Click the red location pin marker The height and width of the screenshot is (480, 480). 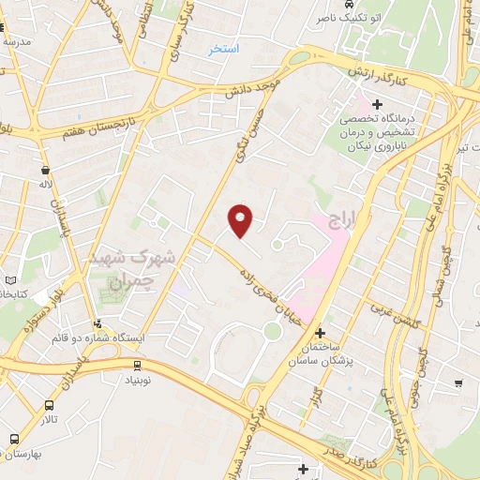[x=241, y=220]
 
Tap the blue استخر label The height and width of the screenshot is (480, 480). [x=224, y=49]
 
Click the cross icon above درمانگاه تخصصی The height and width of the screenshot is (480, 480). [x=377, y=104]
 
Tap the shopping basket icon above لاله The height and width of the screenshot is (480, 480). [x=45, y=170]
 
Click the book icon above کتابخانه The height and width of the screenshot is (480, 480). [x=10, y=279]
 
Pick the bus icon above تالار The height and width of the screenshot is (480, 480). [x=50, y=406]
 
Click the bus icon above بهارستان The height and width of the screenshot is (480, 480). [x=14, y=439]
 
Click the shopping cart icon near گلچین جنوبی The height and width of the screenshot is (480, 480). [x=458, y=382]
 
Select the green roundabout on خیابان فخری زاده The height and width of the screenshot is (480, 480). [x=272, y=330]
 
